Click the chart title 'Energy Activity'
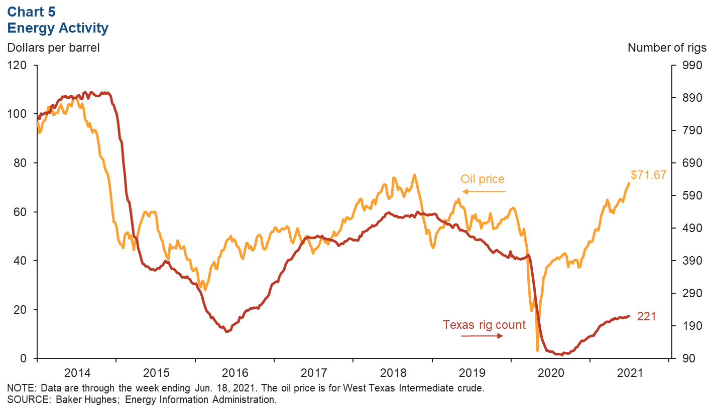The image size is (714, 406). [58, 28]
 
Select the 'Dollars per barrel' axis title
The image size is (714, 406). [53, 48]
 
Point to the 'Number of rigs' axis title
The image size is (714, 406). [667, 48]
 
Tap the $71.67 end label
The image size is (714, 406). [648, 175]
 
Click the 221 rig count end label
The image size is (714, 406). [647, 316]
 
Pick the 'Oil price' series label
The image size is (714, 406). [482, 179]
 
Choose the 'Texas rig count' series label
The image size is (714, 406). [484, 325]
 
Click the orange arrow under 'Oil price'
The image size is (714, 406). [485, 191]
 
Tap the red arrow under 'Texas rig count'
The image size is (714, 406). [482, 336]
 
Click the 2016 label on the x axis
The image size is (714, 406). [235, 373]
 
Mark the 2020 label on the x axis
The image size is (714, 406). [551, 373]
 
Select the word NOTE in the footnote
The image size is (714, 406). [21, 388]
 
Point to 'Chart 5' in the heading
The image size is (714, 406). [32, 12]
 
